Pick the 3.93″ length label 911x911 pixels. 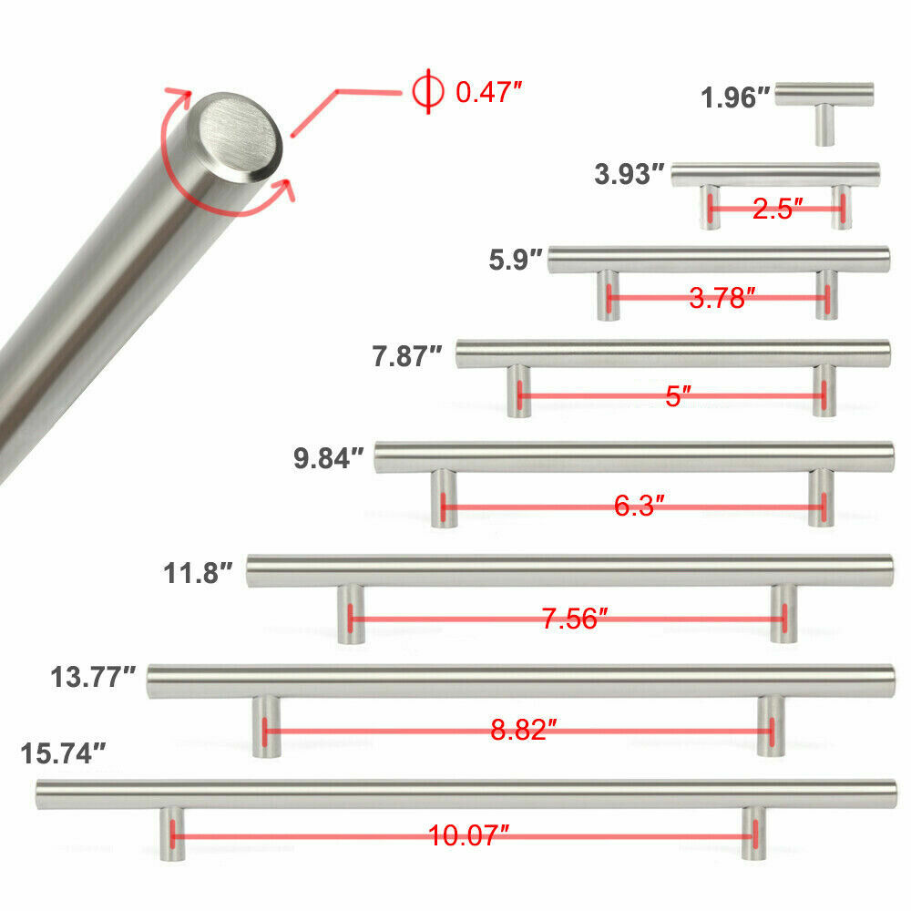pyautogui.click(x=630, y=174)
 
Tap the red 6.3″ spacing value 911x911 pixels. pyautogui.click(x=639, y=506)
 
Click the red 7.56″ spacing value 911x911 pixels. pyautogui.click(x=574, y=619)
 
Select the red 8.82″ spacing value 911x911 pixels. pyautogui.click(x=524, y=730)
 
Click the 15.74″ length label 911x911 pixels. pyautogui.click(x=64, y=753)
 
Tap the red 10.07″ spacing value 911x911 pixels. pyautogui.click(x=468, y=835)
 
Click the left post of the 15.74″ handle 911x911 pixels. pyautogui.click(x=171, y=834)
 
